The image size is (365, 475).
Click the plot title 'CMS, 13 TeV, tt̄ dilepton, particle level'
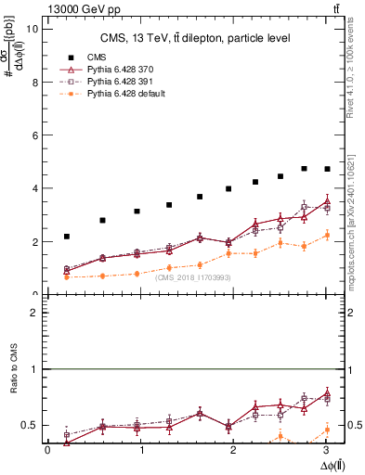[196, 37]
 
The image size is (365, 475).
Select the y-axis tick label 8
[36, 82]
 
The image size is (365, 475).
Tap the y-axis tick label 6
[36, 135]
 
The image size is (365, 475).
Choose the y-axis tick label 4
[36, 188]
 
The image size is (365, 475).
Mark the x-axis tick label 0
[47, 450]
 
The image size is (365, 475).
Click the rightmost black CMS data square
[326, 169]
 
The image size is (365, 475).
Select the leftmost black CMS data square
[67, 237]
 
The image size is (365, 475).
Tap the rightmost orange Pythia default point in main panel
[326, 235]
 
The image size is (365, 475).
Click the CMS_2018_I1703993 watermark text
[193, 277]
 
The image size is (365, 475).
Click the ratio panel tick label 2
[36, 313]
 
